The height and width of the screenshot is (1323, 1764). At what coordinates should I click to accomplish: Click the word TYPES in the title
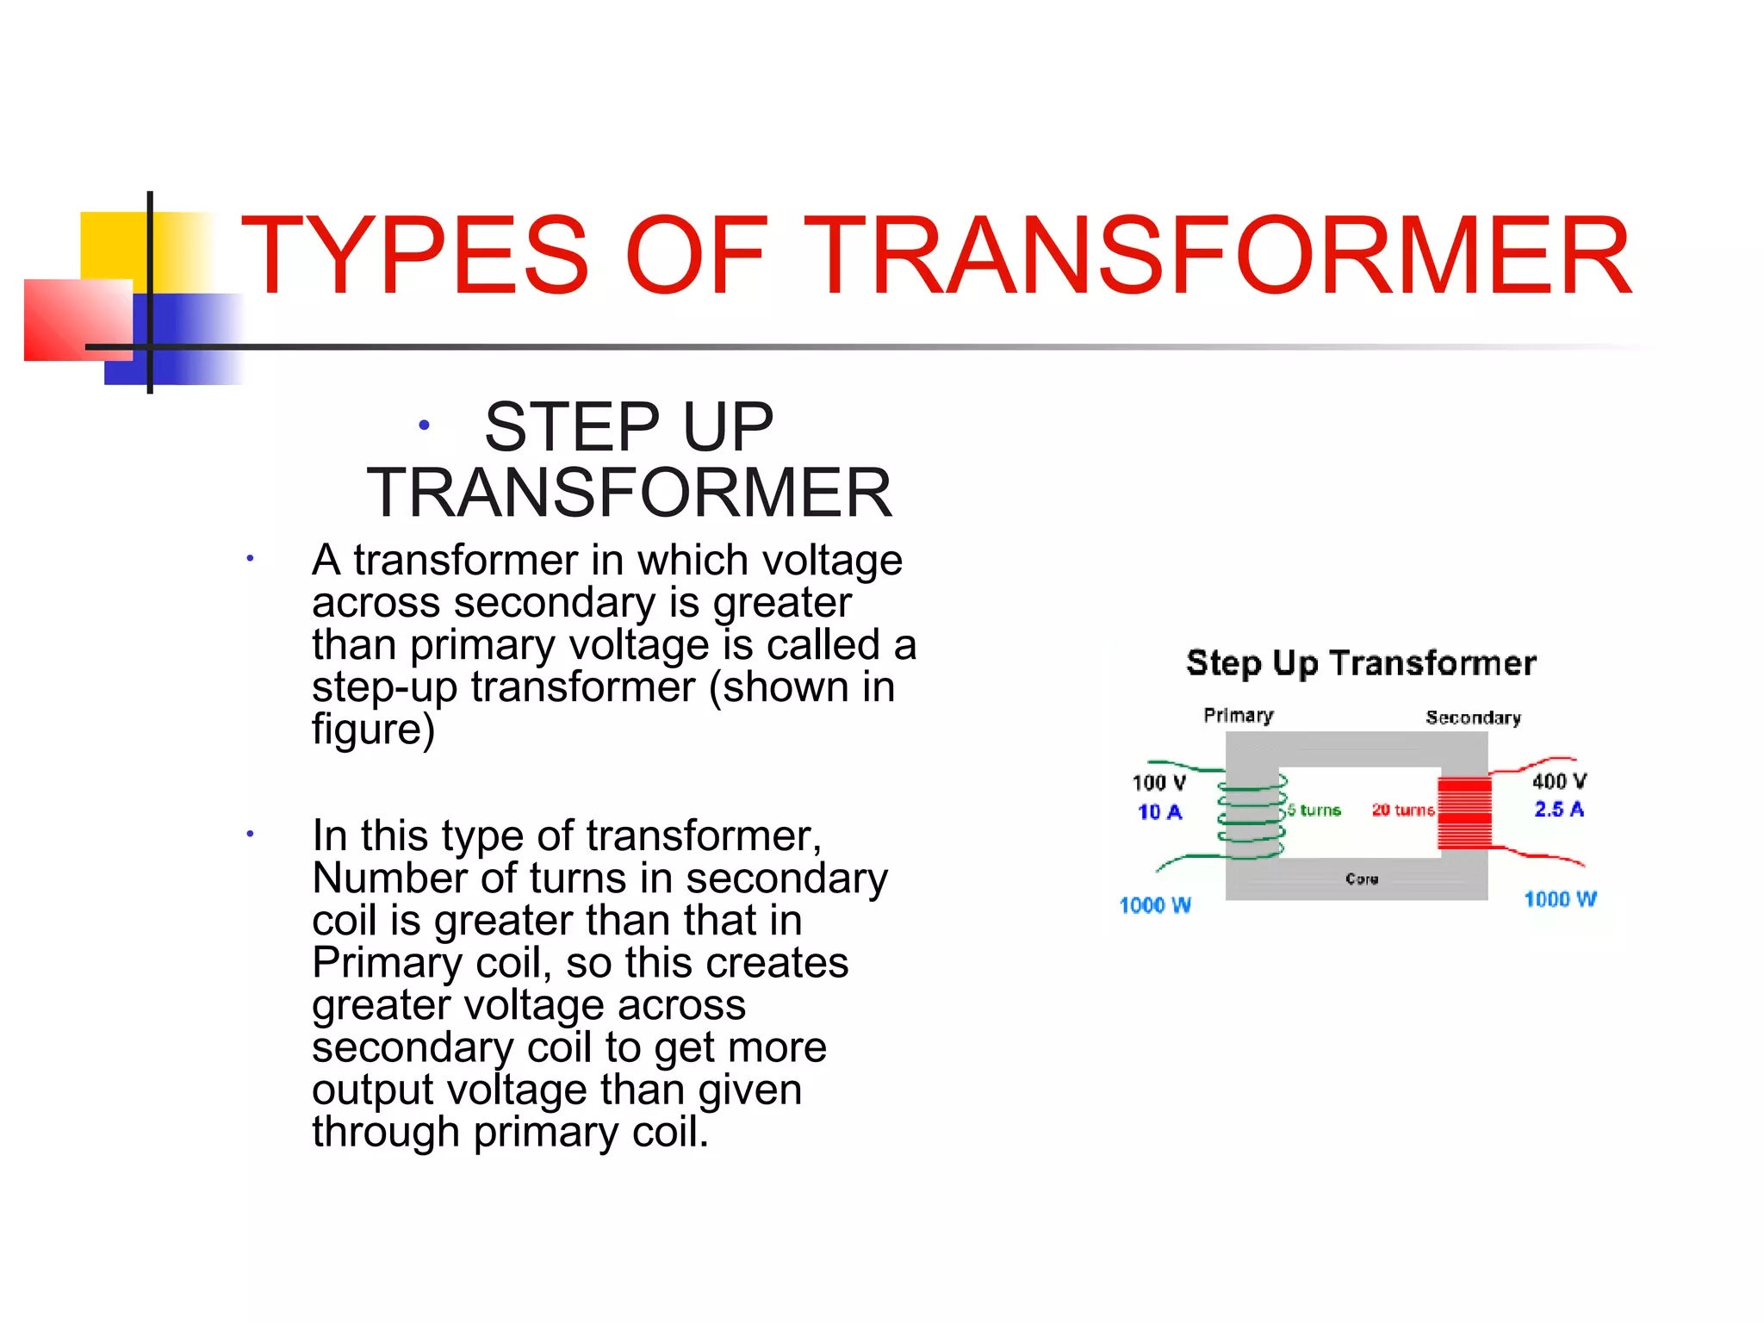pos(414,256)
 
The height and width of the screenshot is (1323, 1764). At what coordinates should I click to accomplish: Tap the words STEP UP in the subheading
pos(629,427)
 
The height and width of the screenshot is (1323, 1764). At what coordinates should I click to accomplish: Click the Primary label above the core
pos(1238,716)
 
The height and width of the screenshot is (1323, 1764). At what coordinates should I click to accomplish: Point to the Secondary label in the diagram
pos(1473,717)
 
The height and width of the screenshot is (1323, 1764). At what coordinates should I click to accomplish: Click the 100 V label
pos(1158,782)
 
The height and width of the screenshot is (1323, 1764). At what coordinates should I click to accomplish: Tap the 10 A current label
pos(1159,811)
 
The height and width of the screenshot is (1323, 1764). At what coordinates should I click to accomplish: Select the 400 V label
pos(1559,780)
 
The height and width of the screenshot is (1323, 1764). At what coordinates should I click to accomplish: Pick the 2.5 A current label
pos(1559,809)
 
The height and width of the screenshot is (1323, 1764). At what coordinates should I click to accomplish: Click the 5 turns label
pos(1314,811)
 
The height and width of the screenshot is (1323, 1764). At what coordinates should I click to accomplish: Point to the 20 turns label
pos(1403,811)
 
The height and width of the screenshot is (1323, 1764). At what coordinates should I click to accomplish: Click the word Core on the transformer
pos(1362,879)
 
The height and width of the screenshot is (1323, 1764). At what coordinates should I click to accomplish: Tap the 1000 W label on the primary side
pos(1155,905)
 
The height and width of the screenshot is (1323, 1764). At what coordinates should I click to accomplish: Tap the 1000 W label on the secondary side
pos(1560,899)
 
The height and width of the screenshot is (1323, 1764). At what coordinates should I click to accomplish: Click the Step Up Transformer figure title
pos(1361,663)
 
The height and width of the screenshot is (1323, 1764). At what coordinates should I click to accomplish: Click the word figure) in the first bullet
pos(373,729)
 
